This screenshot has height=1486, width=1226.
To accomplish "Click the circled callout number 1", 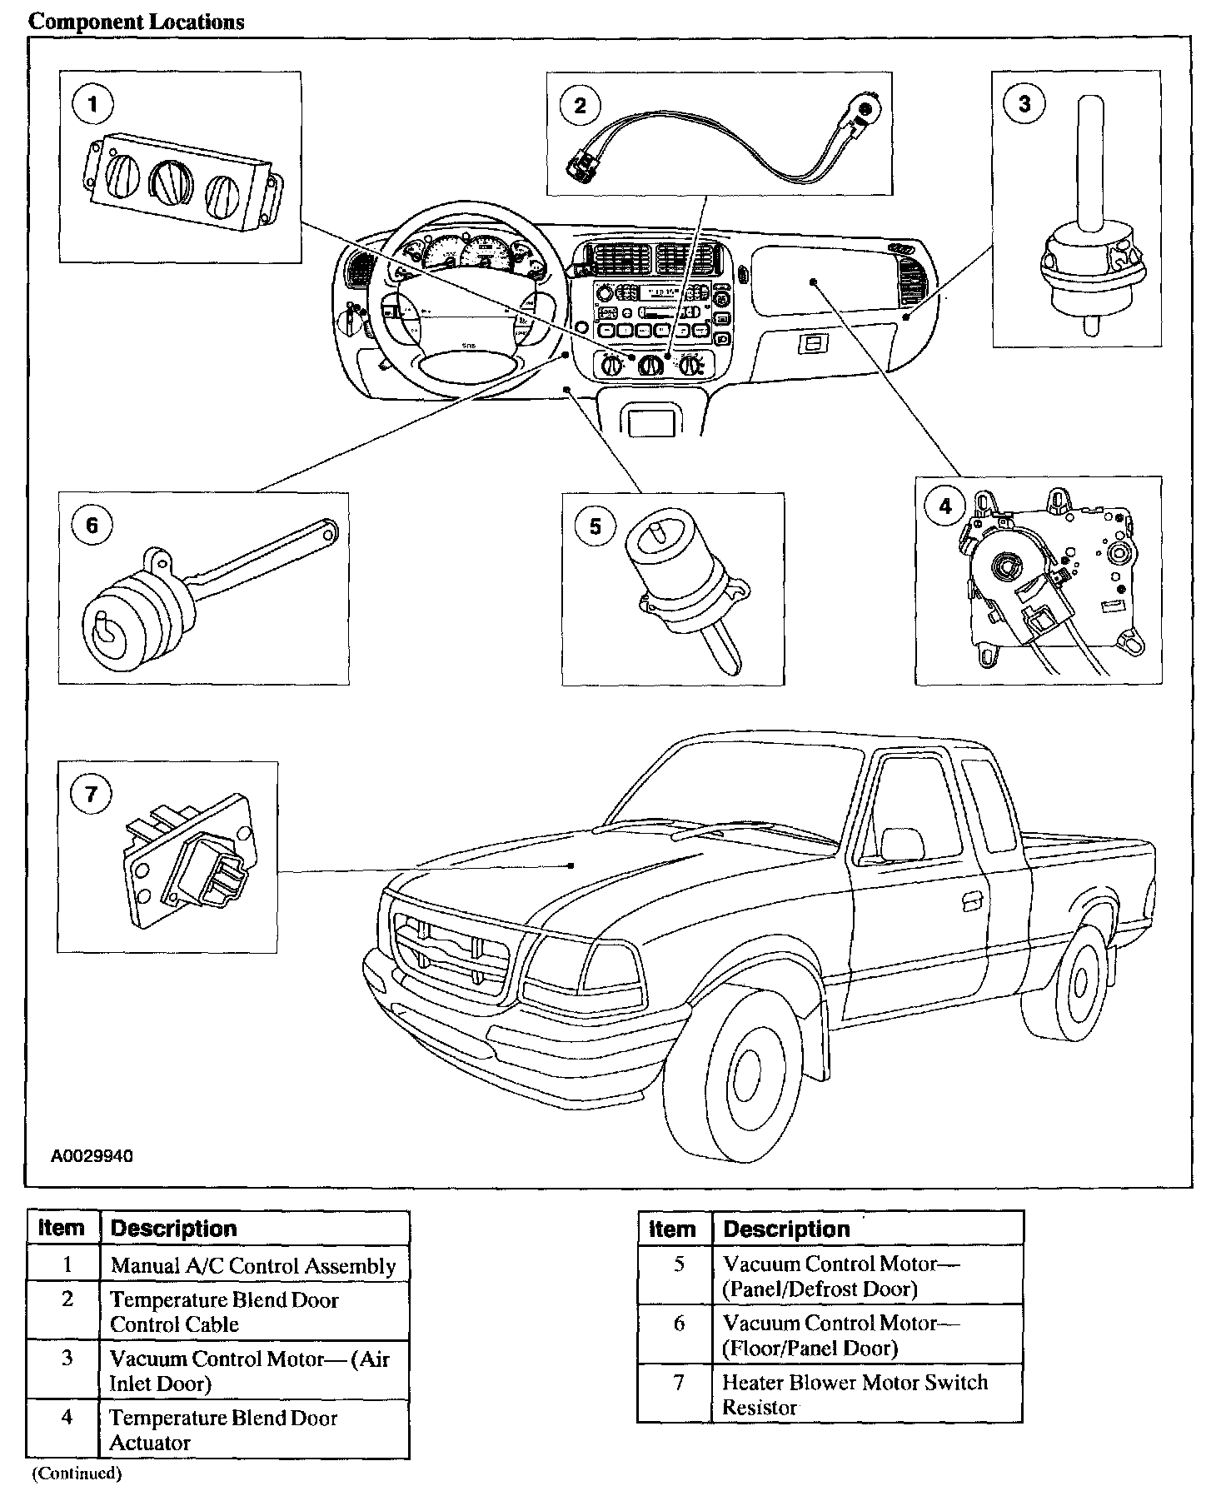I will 92,104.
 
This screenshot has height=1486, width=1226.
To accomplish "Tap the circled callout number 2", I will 580,104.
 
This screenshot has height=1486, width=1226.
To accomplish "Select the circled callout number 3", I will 1024,103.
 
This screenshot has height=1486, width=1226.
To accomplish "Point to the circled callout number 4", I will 944,506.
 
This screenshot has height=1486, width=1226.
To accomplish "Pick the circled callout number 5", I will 595,526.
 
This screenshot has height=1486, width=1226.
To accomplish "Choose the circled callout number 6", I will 92,525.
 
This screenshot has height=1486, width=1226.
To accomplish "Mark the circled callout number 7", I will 92,794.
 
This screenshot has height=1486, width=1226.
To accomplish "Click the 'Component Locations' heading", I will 137,22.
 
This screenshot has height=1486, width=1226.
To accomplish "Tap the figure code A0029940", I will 92,1157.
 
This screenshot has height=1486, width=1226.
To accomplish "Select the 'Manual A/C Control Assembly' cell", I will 253,1266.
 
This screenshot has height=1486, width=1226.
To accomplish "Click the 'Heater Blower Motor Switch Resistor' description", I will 855,1394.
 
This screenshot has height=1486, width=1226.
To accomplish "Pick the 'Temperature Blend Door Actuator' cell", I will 223,1430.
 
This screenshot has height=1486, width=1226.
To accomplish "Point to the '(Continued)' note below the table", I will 76,1474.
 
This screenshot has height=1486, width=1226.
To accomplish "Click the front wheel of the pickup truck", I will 749,1075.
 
